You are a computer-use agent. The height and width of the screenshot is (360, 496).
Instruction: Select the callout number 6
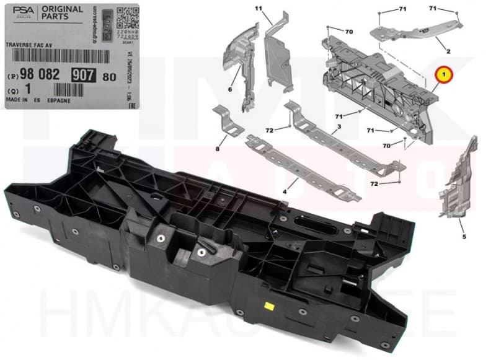click(229, 90)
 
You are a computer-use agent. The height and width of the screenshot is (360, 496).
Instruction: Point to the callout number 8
click(218, 149)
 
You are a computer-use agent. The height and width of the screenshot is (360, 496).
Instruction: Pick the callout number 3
click(339, 129)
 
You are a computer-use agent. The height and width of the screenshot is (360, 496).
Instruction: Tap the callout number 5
click(463, 237)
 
